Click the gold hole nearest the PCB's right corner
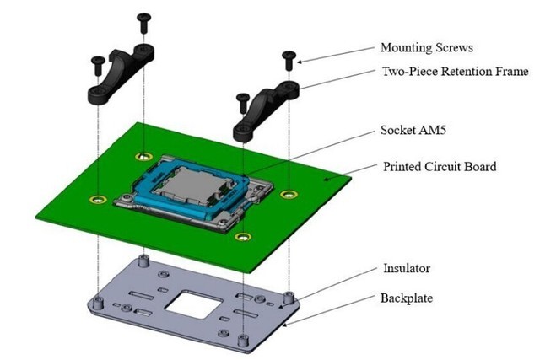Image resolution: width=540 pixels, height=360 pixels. tap(290, 195)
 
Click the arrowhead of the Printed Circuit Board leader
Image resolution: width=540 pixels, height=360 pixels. tap(325, 179)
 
